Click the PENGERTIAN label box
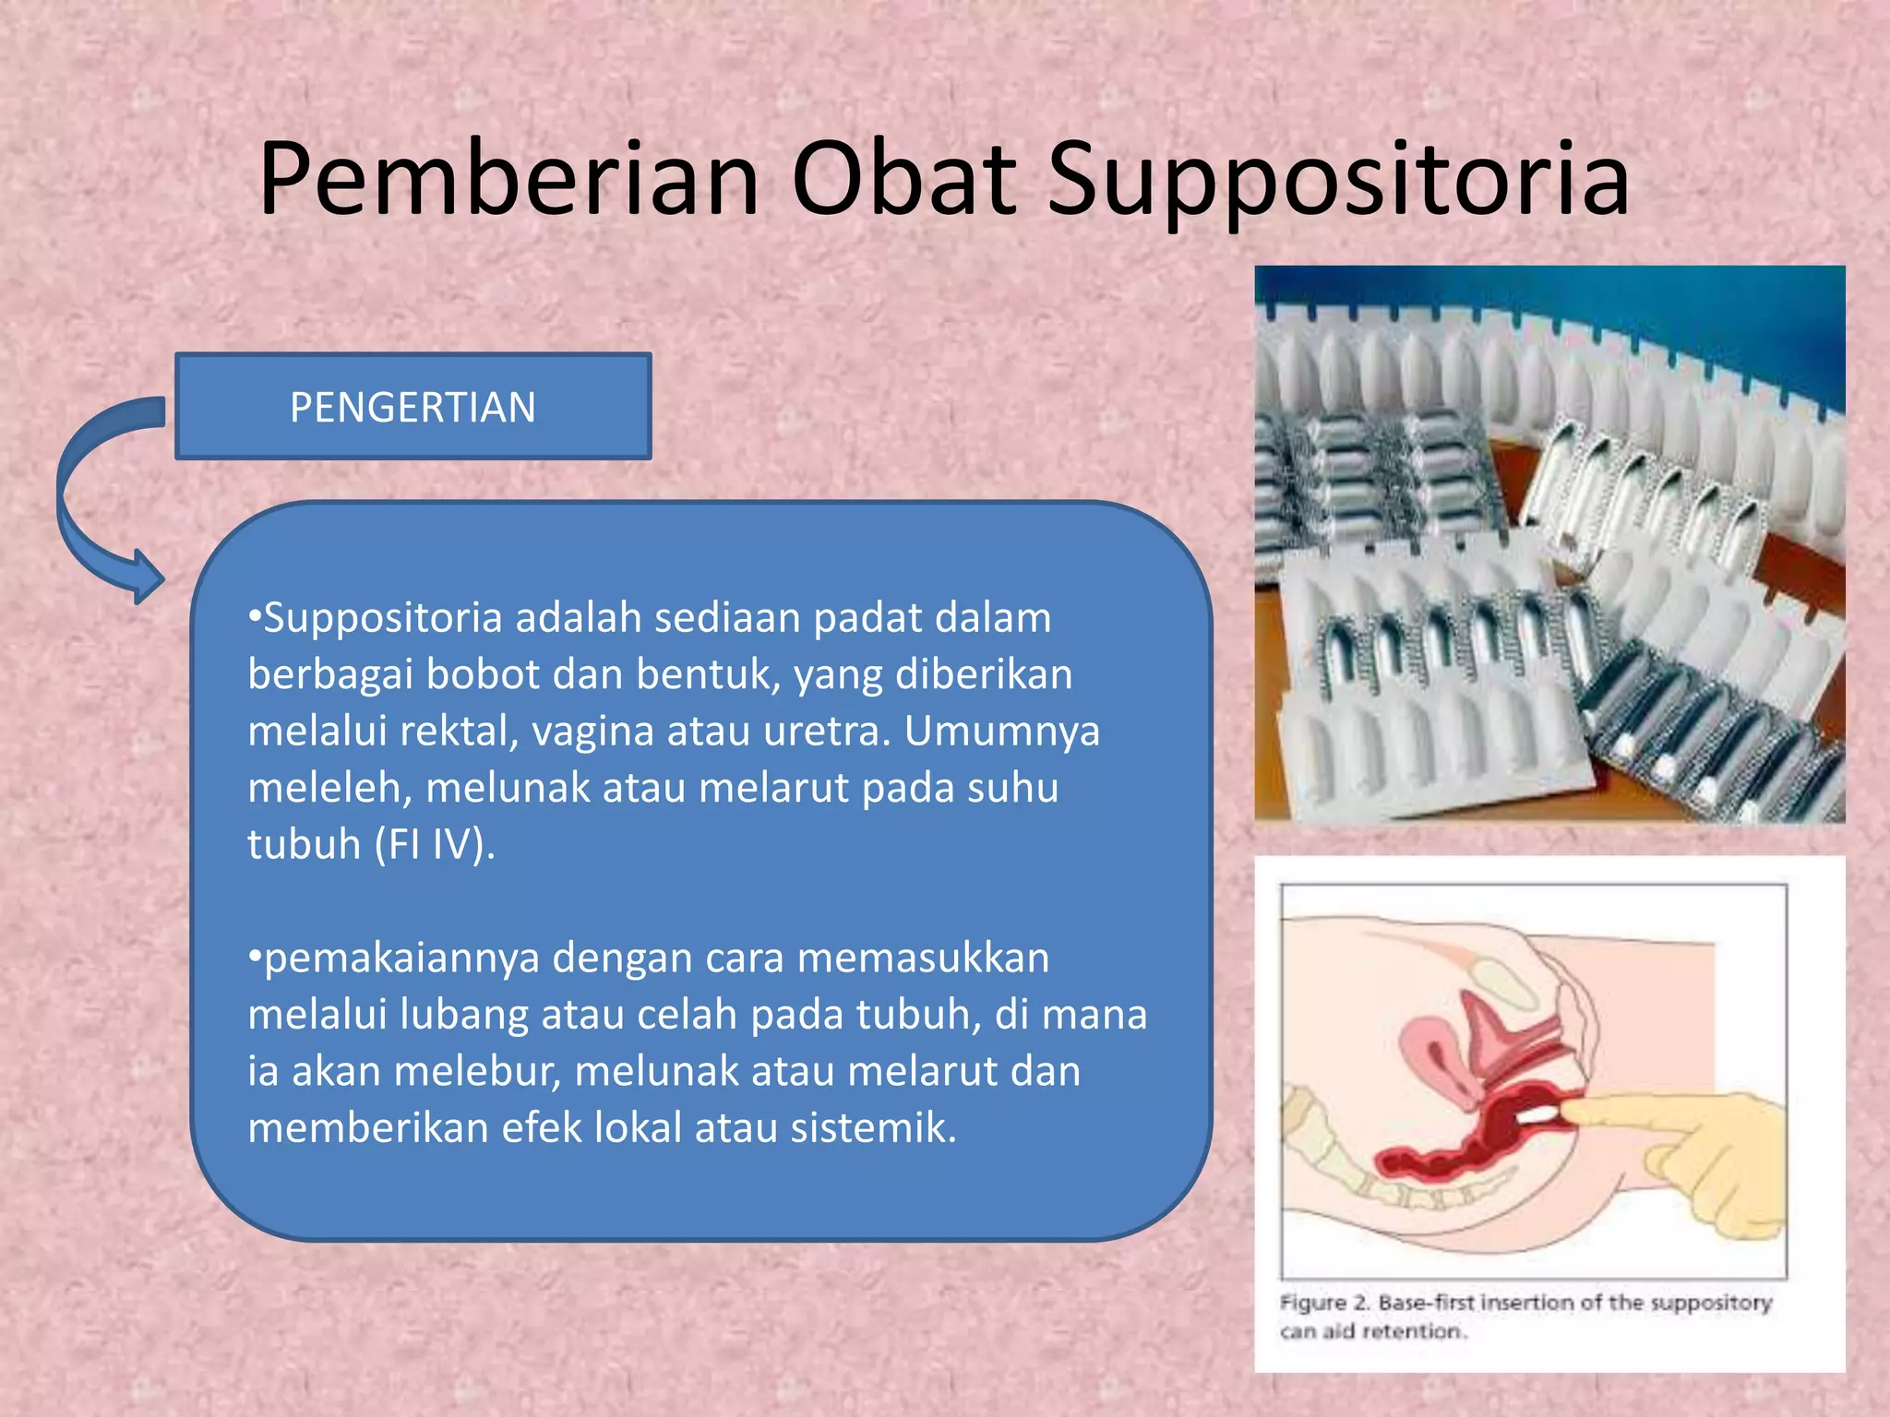(x=413, y=407)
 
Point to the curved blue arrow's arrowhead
(x=148, y=578)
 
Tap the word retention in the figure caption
(x=1413, y=1331)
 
